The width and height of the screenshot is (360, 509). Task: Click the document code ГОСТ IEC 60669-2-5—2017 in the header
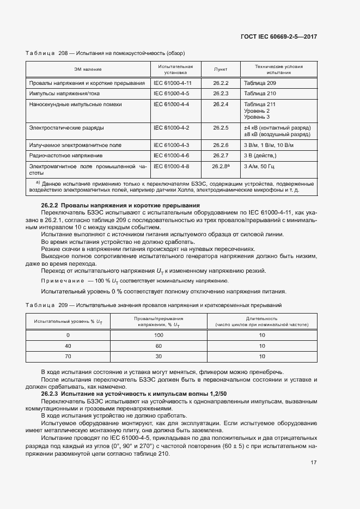pyautogui.click(x=278, y=36)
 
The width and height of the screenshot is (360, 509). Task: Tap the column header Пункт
pyautogui.click(x=221, y=69)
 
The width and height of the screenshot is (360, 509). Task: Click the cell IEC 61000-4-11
pyautogui.click(x=173, y=83)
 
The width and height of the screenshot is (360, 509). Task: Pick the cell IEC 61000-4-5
pyautogui.click(x=171, y=93)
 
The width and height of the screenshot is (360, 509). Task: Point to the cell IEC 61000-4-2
pyautogui.click(x=171, y=127)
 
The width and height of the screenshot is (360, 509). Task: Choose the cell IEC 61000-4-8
pyautogui.click(x=171, y=165)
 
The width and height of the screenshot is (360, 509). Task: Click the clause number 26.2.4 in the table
pyautogui.click(x=221, y=103)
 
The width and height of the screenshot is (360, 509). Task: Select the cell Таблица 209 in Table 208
pyautogui.click(x=260, y=83)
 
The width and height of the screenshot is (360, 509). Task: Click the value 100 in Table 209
pyautogui.click(x=159, y=335)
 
